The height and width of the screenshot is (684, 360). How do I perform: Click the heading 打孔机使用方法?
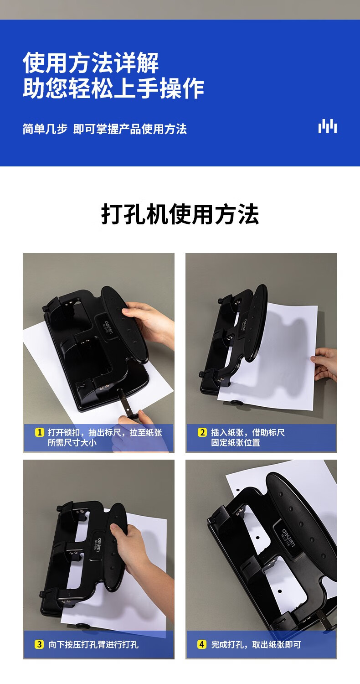click(180, 214)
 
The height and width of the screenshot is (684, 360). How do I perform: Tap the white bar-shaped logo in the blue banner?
click(327, 126)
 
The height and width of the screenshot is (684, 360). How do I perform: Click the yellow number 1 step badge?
click(39, 432)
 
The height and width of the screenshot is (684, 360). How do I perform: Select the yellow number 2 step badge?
click(202, 432)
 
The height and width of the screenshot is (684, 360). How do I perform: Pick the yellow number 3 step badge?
click(39, 645)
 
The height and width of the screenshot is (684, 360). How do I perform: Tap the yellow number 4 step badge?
click(202, 645)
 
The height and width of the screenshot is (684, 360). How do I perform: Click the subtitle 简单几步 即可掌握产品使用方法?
click(105, 129)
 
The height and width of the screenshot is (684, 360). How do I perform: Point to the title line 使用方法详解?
click(91, 62)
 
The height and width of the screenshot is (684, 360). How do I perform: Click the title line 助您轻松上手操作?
click(113, 88)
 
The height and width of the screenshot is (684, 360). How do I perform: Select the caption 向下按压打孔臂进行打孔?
click(93, 645)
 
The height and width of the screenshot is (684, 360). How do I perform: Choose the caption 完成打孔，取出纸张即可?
click(256, 645)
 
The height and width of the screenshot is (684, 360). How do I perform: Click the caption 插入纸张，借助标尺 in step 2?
click(248, 432)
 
